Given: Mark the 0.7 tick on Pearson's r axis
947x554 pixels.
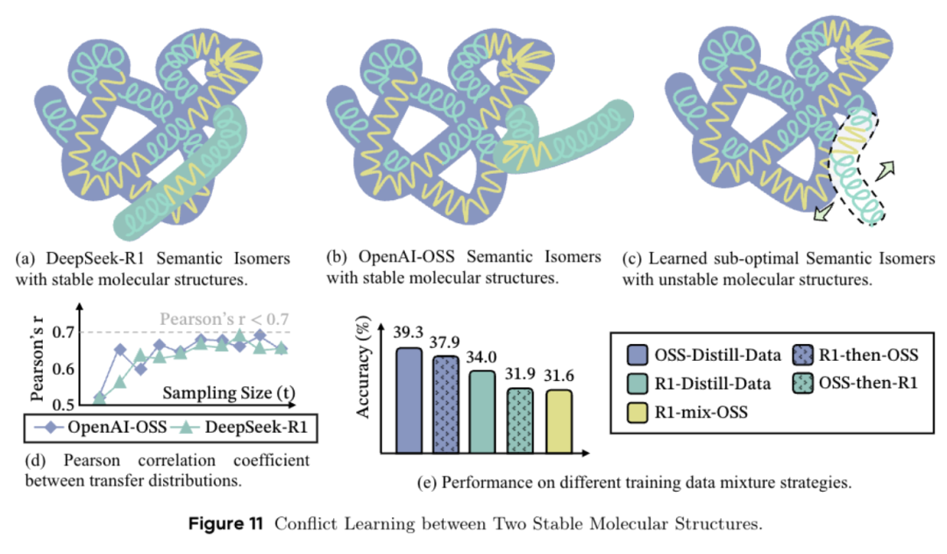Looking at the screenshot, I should tap(63, 332).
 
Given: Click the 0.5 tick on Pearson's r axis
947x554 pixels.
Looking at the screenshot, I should tap(63, 405).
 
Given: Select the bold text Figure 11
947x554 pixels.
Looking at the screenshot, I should tap(225, 525).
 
